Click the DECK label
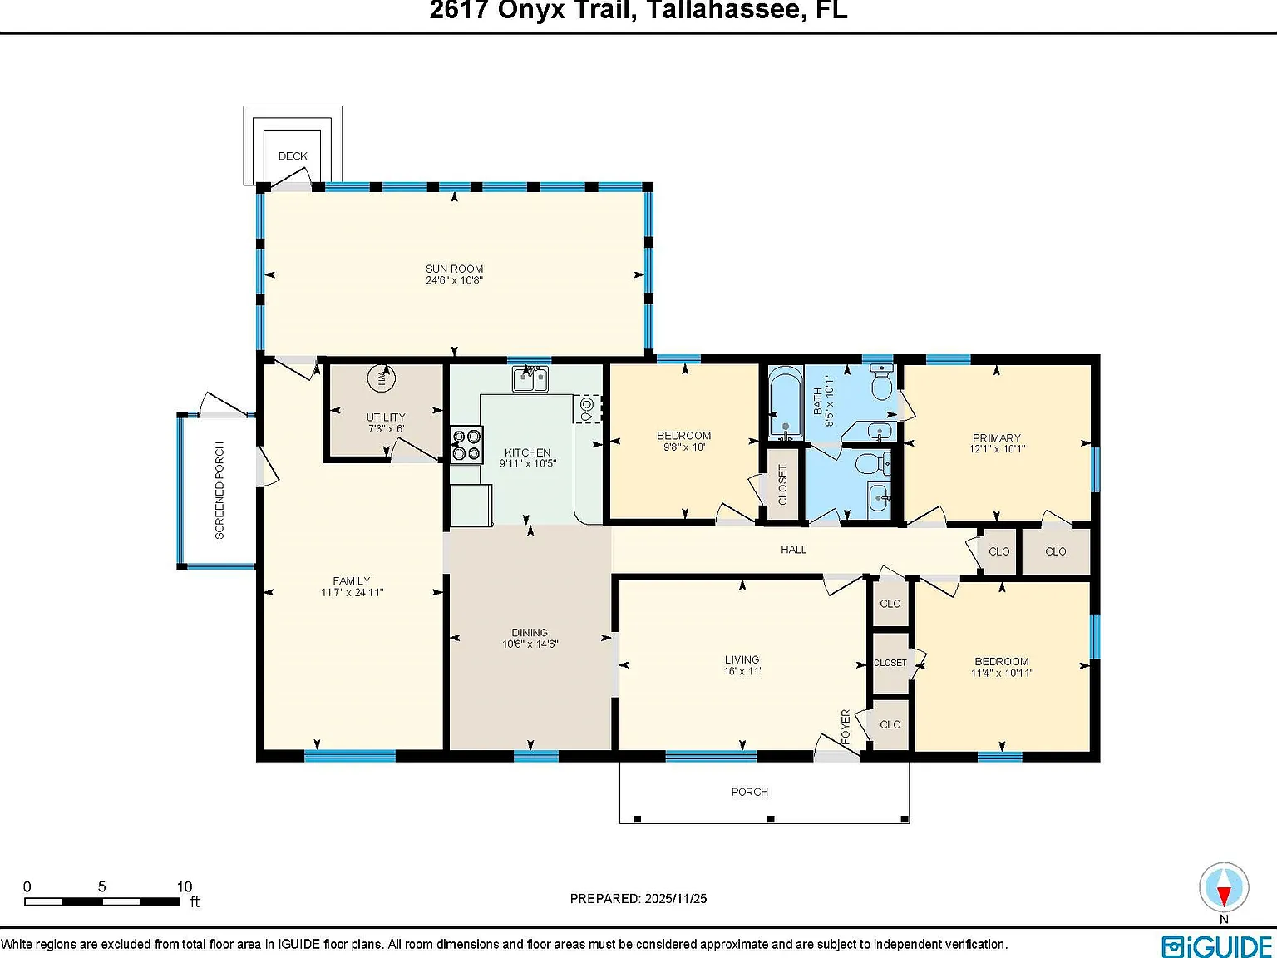(293, 156)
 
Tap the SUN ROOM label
(455, 269)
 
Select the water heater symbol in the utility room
(382, 378)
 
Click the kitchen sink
(530, 379)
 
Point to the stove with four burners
(466, 445)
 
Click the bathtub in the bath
(786, 402)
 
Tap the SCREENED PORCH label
(220, 491)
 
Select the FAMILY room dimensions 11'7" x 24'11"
(352, 593)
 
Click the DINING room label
(530, 632)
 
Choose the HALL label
(793, 550)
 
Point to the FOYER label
(846, 727)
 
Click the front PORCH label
(750, 792)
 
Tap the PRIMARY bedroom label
(997, 438)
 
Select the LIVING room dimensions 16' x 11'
(742, 670)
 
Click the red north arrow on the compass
(1224, 896)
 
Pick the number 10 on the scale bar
(185, 886)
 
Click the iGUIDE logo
(1217, 946)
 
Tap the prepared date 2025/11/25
(675, 899)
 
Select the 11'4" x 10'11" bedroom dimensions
(1002, 673)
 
